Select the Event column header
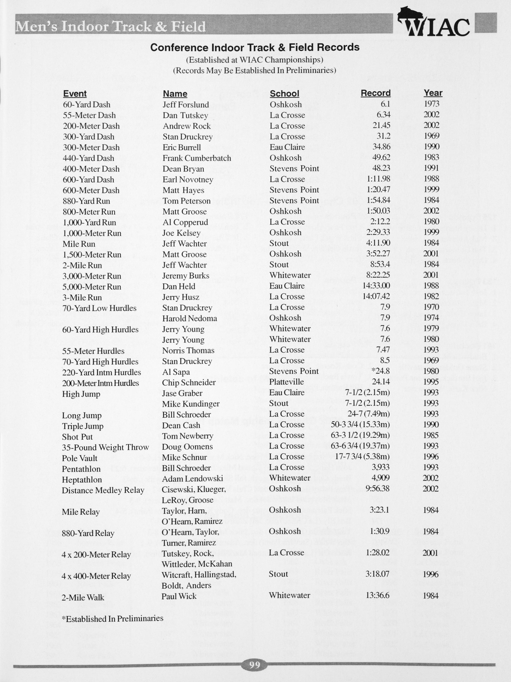coord(75,94)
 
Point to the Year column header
coord(433,93)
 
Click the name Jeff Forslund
coord(186,105)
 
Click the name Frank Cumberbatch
coord(197,158)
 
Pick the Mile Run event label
coord(79,244)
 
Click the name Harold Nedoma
coord(189,318)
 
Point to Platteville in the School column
coord(287,382)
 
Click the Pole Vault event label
coord(80,458)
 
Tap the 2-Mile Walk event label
coord(83,598)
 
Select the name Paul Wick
coord(179,596)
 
